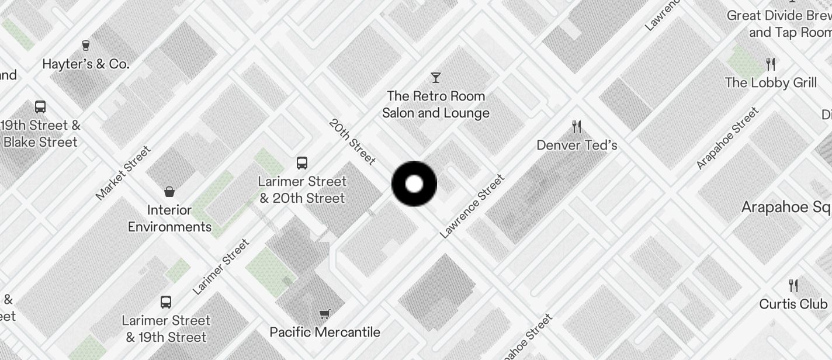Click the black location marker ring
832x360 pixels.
[x=414, y=184]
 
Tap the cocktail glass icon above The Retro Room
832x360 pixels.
[x=435, y=77]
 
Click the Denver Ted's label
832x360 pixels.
[x=577, y=145]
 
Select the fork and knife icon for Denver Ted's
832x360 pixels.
[x=577, y=126]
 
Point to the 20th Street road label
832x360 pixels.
[x=352, y=141]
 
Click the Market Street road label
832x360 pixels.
[x=123, y=172]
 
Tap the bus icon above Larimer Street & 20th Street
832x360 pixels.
[x=302, y=163]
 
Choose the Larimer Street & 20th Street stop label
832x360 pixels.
[x=302, y=190]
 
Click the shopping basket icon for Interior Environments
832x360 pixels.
[x=169, y=191]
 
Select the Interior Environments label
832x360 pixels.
[x=169, y=219]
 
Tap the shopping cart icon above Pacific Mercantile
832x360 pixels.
[x=325, y=314]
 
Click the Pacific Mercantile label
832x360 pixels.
[x=325, y=332]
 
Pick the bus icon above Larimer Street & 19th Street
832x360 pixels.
[x=166, y=302]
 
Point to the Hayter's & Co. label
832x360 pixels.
[x=86, y=64]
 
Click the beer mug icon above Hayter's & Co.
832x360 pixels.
[x=86, y=46]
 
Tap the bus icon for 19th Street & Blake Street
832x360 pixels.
[x=40, y=107]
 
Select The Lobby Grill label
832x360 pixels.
[x=771, y=82]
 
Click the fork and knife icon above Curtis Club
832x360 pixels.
[x=793, y=285]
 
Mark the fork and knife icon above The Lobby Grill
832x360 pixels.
[x=771, y=64]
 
